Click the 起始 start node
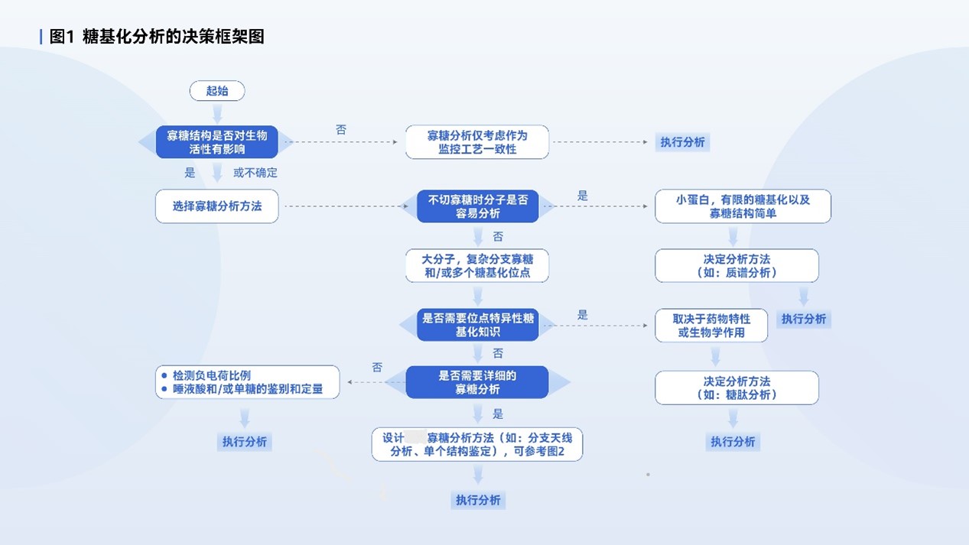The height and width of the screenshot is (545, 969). pos(217,91)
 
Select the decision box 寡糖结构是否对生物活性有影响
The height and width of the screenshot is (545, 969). pos(216,141)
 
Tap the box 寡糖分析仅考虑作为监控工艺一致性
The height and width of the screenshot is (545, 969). pos(477,141)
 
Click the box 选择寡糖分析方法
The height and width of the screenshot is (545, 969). pos(216,206)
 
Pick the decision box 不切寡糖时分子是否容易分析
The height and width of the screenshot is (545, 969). pos(477,206)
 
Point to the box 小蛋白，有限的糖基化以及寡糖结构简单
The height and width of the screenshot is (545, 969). pos(743,206)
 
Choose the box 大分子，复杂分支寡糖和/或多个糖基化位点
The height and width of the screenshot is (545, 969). pos(477,265)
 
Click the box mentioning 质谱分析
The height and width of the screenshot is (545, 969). pos(737,265)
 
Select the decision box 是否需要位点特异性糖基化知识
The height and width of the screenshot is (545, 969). pos(477,325)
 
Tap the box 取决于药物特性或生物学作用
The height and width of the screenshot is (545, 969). pos(711,326)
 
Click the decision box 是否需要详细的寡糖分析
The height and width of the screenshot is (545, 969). pos(477,382)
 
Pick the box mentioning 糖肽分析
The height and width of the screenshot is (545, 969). pos(737,388)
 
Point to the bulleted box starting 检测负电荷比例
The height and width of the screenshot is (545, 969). pos(248,382)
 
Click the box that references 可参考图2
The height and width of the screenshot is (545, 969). pos(477,444)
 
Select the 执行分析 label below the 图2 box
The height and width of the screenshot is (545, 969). pos(478,500)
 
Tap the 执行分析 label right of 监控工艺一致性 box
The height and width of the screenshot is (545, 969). pos(682,141)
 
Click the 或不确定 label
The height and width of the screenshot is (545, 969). pos(255,173)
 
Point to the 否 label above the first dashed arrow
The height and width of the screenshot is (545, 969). pos(341,129)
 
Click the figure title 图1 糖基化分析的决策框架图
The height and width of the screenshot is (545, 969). pos(157,36)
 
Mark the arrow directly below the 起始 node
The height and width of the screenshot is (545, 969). pos(217,113)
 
